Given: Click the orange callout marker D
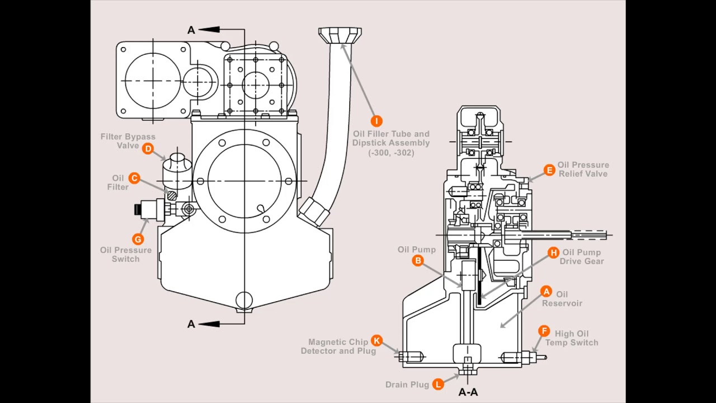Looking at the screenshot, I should tap(148, 148).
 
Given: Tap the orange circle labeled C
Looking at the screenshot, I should tap(134, 178).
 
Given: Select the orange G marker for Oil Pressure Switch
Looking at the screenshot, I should tap(138, 239).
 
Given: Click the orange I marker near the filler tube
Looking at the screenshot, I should tap(376, 121).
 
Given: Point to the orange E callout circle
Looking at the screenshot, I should tap(549, 170).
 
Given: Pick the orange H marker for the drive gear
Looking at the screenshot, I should tap(553, 253).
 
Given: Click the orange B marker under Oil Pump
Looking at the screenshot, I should tap(417, 260).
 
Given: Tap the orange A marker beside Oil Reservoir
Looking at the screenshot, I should tap(546, 292).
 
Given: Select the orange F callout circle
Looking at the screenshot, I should tap(544, 331).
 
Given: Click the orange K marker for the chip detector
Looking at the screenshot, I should tap(376, 341).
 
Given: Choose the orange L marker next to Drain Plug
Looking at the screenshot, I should tap(438, 384).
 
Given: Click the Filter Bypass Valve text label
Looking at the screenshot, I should tap(128, 141).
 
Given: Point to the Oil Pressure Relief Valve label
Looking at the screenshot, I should tap(583, 169).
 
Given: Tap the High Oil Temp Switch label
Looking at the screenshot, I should tap(572, 338).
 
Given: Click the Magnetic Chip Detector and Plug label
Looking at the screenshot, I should tap(338, 346).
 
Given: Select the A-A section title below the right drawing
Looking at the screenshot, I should tap(468, 392).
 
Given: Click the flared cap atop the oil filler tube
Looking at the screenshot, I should tap(340, 35).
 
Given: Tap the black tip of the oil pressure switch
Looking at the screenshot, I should tap(138, 210).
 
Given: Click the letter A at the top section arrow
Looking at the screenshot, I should tap(191, 30).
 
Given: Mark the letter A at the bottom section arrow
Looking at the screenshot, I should tap(191, 324).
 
